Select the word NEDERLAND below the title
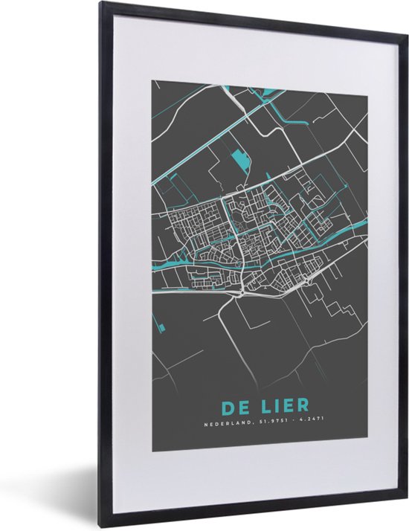click(228, 426)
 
